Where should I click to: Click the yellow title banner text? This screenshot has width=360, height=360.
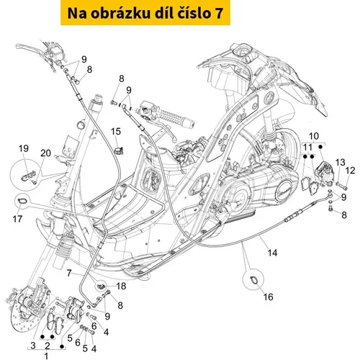click(145, 13)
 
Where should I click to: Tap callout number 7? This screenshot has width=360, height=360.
click(69, 273)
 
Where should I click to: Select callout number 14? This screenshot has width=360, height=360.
click(272, 253)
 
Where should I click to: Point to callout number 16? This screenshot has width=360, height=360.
click(269, 297)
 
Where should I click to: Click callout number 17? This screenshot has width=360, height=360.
click(17, 219)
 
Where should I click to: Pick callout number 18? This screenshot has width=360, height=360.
click(121, 286)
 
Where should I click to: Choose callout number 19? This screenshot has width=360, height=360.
click(24, 148)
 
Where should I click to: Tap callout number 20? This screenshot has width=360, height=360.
click(45, 153)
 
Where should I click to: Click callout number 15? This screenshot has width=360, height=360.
click(116, 131)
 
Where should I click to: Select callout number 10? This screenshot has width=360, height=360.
click(314, 136)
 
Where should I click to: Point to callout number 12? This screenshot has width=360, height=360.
click(350, 171)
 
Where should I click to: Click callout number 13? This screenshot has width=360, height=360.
click(340, 162)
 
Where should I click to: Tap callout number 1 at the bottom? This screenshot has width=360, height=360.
click(46, 356)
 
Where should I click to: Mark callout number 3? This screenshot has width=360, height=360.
click(33, 346)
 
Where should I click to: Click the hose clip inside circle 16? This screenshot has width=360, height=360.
click(254, 279)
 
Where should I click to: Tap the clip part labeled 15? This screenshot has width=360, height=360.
click(118, 150)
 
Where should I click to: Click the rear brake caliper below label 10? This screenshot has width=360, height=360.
click(323, 174)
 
